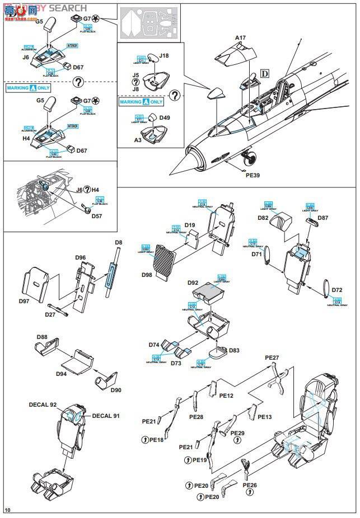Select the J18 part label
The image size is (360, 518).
(x=163, y=56)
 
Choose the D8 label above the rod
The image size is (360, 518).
(x=118, y=242)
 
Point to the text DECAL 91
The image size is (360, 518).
(x=106, y=416)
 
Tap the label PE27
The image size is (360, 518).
(x=272, y=357)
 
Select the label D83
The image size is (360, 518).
(x=234, y=350)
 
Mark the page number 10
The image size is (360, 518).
(x=7, y=510)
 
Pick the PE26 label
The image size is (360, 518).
(x=250, y=485)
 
